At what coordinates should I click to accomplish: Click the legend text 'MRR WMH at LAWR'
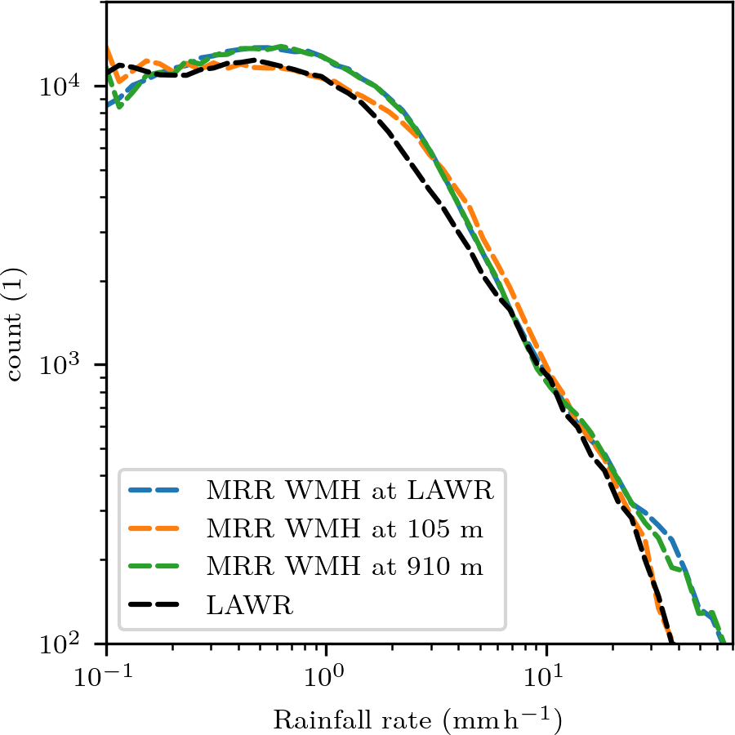point(351,492)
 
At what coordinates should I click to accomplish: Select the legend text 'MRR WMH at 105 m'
point(345,529)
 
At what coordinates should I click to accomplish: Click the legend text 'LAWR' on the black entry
point(250,605)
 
